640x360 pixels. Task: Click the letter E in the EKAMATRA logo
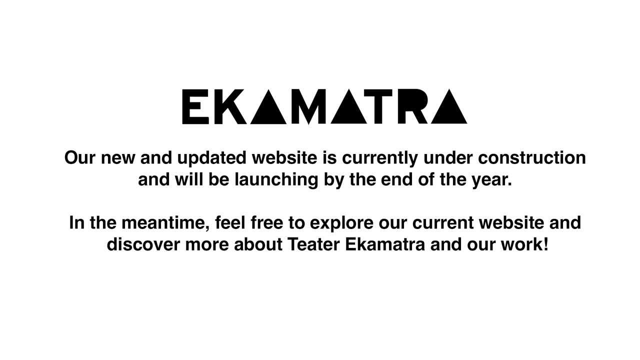click(x=195, y=106)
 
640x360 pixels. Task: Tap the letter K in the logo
click(x=230, y=106)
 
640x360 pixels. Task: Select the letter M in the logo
click(x=308, y=107)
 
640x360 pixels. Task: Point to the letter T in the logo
click(x=378, y=106)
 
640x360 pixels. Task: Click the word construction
click(x=532, y=157)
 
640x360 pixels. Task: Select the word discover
click(x=143, y=244)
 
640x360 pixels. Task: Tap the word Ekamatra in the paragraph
click(x=385, y=244)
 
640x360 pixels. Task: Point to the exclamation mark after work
click(x=546, y=244)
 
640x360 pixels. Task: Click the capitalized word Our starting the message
click(x=79, y=157)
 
